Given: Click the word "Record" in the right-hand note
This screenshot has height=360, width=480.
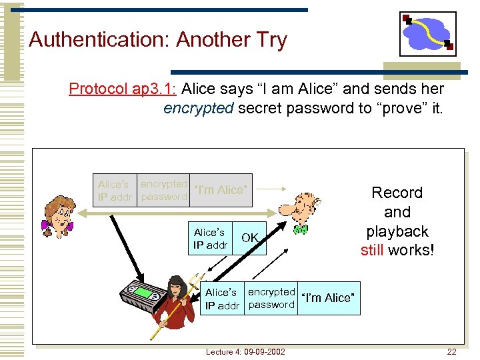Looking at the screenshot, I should tap(397, 193).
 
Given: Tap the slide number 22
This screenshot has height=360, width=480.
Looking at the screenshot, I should tap(451, 351).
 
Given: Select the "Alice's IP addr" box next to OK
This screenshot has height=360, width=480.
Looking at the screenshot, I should tap(209, 239).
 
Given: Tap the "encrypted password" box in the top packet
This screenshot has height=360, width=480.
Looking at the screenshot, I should tap(164, 190).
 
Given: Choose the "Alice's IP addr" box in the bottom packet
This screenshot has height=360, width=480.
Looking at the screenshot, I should tap(222, 298).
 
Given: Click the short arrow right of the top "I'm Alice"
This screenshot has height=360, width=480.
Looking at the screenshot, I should tap(272, 190).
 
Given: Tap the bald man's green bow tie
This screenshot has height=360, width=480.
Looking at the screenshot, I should tap(300, 230).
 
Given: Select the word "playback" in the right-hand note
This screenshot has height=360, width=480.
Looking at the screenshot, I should tap(397, 231).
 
